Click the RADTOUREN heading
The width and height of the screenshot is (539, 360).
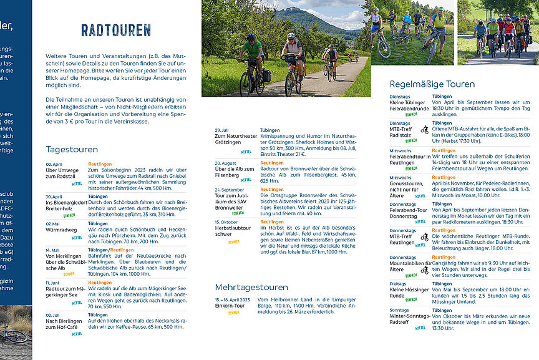click(116, 30)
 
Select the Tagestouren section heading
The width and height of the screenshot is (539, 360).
click(72, 150)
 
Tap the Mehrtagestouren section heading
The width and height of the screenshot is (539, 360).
click(251, 288)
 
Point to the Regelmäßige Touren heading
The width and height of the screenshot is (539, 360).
click(432, 84)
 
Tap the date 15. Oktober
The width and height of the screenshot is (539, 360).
click(226, 221)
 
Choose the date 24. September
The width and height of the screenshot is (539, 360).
click(229, 190)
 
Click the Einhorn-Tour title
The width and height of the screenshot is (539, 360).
click(230, 305)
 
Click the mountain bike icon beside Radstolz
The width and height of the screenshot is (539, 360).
click(424, 130)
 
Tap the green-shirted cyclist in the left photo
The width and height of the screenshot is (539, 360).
click(252, 53)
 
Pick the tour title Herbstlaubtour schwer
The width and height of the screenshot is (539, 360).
click(232, 231)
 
